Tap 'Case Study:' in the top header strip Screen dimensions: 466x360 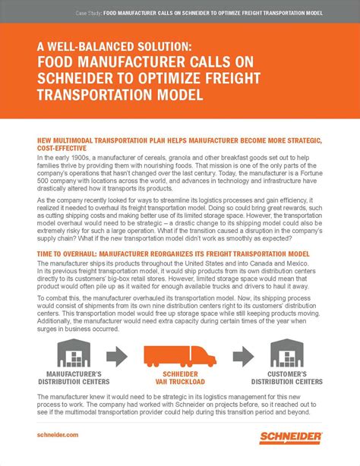tap(89, 13)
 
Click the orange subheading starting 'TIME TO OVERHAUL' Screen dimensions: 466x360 tap(172, 253)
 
